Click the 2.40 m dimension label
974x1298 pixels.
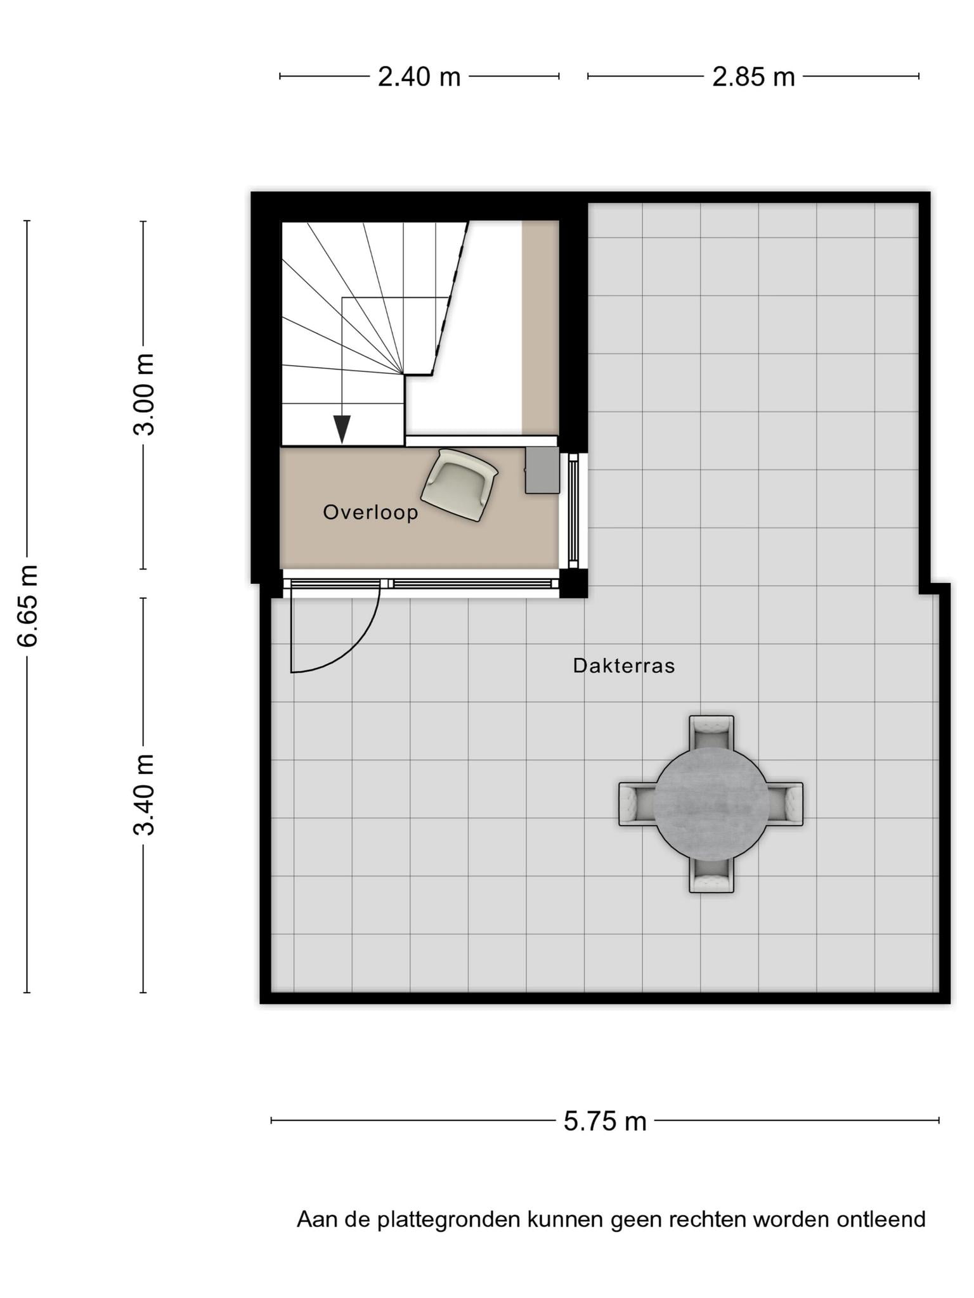pos(419,77)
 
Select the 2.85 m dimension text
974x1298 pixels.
pos(753,77)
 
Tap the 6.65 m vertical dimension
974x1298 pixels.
pos(27,605)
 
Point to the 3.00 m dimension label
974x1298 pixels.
pos(143,394)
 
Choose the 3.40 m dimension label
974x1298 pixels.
pos(143,795)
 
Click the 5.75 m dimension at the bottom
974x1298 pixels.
pos(605,1121)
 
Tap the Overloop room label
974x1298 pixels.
pos(371,512)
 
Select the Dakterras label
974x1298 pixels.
pos(624,665)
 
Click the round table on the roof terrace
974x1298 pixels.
pos(711,804)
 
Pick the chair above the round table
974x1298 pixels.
pos(711,733)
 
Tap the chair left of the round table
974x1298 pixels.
pos(637,804)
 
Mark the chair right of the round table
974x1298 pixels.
pos(786,804)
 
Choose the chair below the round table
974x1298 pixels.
pos(711,876)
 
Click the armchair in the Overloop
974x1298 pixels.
pos(459,485)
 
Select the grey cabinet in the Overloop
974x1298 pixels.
pos(542,470)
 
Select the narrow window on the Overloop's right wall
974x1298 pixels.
pos(573,511)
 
